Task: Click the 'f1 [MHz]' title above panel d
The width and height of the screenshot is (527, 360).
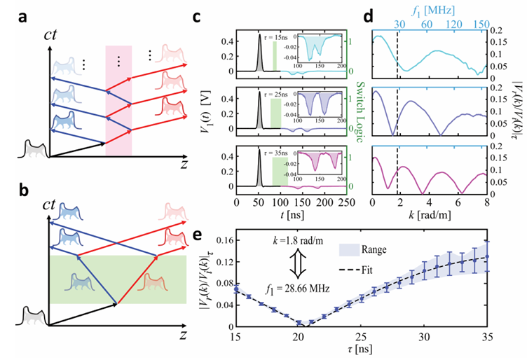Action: (425, 10)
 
